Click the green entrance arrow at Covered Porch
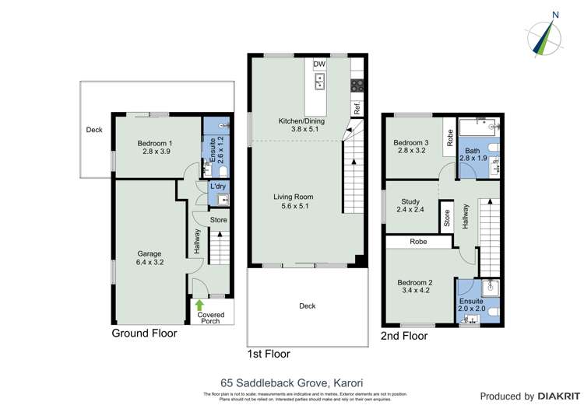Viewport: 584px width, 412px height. [x=199, y=305]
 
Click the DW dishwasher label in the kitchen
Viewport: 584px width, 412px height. [x=318, y=65]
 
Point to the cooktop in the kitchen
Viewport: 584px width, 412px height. [x=357, y=86]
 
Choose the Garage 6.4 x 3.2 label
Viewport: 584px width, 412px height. [x=150, y=258]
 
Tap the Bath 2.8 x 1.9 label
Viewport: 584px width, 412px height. [x=473, y=155]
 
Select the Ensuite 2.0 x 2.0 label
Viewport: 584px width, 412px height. [x=471, y=305]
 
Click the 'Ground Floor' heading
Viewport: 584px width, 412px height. [x=144, y=333]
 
